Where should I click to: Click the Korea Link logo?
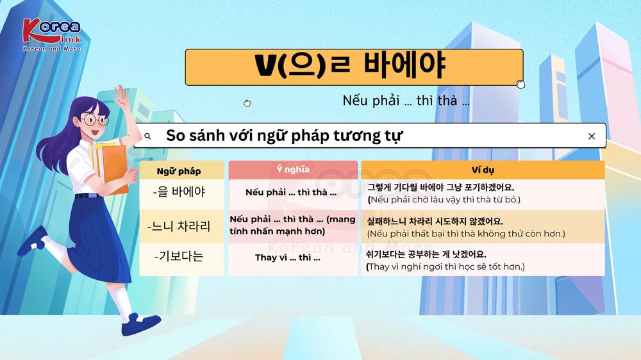51,35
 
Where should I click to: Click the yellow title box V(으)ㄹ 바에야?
354,67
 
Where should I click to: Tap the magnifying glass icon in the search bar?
147,136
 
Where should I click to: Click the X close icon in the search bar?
592,136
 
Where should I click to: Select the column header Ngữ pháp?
179,171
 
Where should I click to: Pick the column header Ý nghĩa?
293,169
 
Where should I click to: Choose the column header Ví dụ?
483,170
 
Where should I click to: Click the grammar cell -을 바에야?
179,192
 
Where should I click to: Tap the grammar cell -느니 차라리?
179,226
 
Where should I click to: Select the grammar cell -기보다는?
179,256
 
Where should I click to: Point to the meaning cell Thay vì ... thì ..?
287,258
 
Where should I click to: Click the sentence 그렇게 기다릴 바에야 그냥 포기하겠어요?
441,188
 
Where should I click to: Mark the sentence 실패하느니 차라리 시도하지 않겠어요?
435,222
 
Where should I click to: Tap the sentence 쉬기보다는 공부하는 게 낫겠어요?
426,254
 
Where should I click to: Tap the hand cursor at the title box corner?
520,84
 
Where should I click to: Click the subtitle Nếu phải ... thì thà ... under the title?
406,101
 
